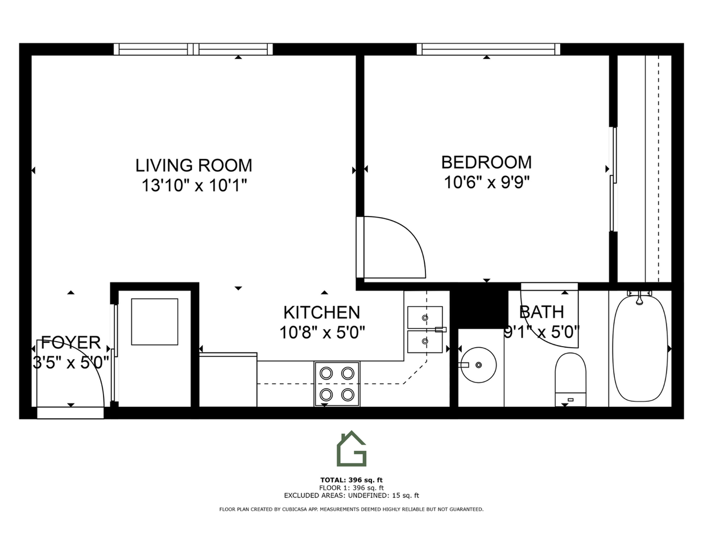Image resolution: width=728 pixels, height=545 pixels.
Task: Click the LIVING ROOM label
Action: click(193, 165)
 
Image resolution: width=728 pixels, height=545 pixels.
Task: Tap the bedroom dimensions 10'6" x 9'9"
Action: click(486, 182)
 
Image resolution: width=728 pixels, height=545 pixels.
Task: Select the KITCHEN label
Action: click(321, 312)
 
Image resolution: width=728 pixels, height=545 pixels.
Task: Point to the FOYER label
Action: click(71, 343)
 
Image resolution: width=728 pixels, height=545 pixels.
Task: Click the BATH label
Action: click(541, 311)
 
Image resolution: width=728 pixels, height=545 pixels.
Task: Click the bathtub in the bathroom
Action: click(640, 348)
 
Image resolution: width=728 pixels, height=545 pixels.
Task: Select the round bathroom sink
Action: click(478, 365)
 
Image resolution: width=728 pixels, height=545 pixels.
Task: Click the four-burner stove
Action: click(337, 384)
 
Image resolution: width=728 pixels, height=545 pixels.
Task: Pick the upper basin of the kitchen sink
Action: click(425, 317)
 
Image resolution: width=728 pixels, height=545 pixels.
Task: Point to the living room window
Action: click(193, 49)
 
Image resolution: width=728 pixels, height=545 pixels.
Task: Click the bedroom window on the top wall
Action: click(488, 49)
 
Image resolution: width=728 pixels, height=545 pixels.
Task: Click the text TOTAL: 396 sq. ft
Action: click(351, 480)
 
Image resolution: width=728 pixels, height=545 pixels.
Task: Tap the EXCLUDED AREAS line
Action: click(351, 496)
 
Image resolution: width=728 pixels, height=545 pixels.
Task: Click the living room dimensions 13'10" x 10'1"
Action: click(194, 185)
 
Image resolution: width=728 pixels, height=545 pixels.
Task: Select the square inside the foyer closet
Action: click(155, 322)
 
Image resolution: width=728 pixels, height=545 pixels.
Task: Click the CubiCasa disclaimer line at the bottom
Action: click(351, 509)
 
